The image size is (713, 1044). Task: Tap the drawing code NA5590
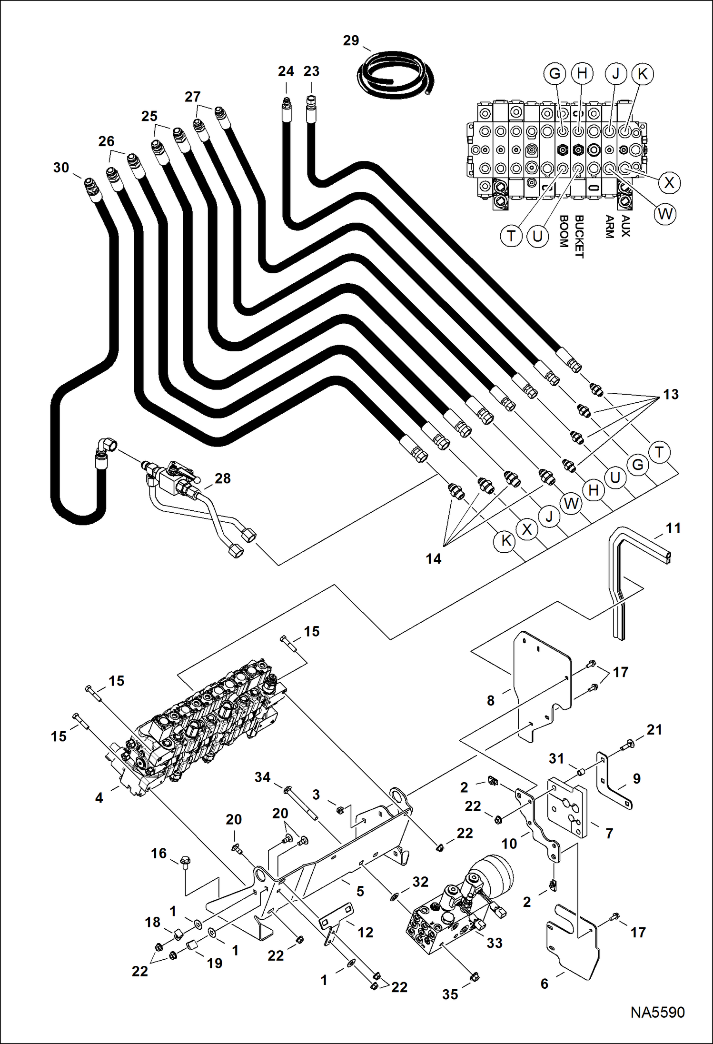click(x=657, y=1012)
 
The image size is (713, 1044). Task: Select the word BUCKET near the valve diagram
click(x=579, y=237)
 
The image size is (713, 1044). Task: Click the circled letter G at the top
click(x=555, y=74)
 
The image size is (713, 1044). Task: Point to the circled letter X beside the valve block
click(x=669, y=183)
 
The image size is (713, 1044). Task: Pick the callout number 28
click(x=222, y=478)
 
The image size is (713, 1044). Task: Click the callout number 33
click(x=495, y=943)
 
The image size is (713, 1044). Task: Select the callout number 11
click(x=673, y=528)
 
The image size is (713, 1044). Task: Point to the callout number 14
click(x=433, y=558)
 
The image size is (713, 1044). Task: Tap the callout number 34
click(x=262, y=777)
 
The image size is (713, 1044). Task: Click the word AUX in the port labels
click(x=625, y=226)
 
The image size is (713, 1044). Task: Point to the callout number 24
click(x=286, y=71)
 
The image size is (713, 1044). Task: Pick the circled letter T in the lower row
click(x=659, y=452)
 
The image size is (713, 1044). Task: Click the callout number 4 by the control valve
click(x=99, y=797)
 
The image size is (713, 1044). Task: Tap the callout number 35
click(x=450, y=994)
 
